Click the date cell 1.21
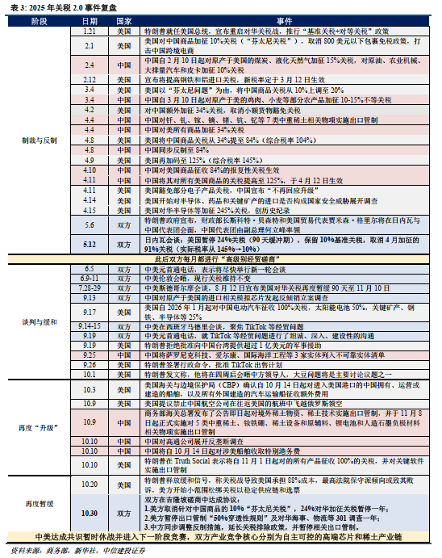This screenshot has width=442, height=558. pyautogui.click(x=90, y=29)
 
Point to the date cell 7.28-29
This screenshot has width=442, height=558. pyautogui.click(x=90, y=288)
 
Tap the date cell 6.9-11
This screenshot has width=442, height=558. pyautogui.click(x=90, y=278)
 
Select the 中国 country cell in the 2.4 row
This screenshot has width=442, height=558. pyautogui.click(x=123, y=63)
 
